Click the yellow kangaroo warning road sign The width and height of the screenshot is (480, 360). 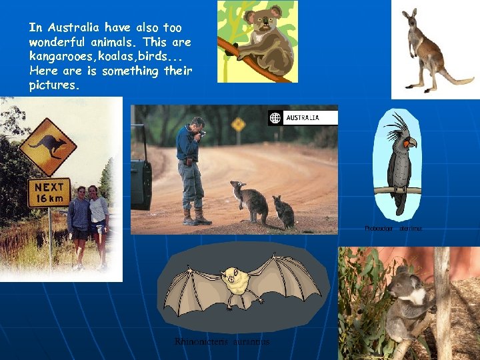coord(47,146)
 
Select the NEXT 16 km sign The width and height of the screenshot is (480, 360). coord(49,192)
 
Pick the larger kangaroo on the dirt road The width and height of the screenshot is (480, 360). coord(249,201)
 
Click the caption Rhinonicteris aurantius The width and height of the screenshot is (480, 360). coord(222,341)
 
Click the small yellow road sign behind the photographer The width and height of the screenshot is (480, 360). coord(238,125)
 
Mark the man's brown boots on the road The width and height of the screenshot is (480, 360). coord(195,217)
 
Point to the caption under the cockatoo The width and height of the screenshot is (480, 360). coord(393,229)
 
